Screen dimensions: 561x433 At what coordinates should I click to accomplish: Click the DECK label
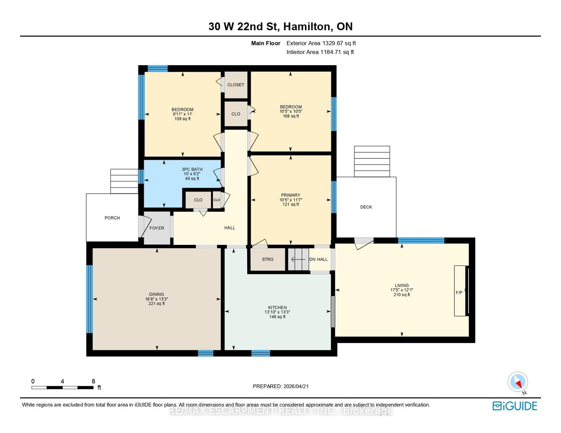click(366, 207)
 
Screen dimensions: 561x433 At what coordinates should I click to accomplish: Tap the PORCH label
click(112, 218)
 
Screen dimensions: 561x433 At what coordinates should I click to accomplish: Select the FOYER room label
click(157, 228)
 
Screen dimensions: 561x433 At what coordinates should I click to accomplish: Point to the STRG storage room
click(268, 259)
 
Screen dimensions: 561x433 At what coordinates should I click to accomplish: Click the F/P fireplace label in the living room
click(459, 293)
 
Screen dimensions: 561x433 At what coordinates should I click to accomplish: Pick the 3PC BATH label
click(192, 170)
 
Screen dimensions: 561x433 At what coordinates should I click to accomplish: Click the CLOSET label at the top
click(236, 85)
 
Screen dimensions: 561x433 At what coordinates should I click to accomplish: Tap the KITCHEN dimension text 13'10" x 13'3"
click(277, 312)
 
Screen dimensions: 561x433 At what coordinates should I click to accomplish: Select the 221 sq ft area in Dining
click(156, 303)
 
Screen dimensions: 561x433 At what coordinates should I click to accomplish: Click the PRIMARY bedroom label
click(291, 195)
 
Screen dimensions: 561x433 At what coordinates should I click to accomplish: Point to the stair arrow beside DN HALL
click(298, 259)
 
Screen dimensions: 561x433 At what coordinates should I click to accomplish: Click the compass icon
click(518, 382)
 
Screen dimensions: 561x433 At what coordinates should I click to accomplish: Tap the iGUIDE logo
click(515, 406)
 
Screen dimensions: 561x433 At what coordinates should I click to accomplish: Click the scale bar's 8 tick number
click(94, 381)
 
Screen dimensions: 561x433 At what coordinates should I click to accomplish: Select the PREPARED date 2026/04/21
click(296, 386)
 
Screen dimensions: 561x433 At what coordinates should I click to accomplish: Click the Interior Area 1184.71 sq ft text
click(320, 52)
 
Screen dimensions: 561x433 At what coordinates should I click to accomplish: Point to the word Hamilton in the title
click(308, 27)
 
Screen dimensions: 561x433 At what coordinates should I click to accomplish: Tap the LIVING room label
click(402, 286)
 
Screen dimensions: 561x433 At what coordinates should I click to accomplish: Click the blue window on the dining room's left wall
click(89, 299)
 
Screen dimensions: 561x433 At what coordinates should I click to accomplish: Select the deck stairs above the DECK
click(372, 161)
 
